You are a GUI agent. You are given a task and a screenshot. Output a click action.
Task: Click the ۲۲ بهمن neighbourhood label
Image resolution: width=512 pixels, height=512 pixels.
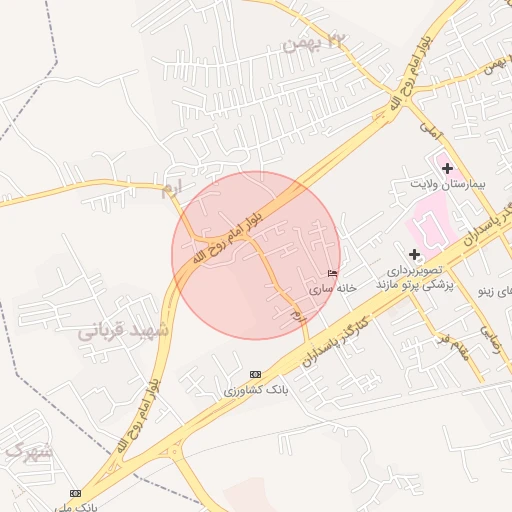(312, 41)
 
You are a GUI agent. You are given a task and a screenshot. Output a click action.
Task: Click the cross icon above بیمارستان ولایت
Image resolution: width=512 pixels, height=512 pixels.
(447, 168)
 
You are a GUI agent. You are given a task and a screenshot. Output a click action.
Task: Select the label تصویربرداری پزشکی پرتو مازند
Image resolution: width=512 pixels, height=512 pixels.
(414, 278)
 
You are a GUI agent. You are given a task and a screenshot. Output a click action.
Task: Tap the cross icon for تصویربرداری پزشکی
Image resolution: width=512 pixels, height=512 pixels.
(414, 255)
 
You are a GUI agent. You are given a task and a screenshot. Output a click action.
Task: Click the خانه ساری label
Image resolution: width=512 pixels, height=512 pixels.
(332, 288)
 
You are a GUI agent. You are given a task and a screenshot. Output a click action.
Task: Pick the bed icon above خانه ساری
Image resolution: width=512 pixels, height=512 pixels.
(332, 273)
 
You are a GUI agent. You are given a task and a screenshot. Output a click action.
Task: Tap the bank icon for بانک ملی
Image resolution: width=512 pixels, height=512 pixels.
(76, 494)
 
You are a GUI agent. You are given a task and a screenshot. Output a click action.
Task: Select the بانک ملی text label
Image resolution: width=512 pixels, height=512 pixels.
(98, 507)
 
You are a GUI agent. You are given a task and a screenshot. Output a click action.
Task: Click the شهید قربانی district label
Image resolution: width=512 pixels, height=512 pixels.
(125, 329)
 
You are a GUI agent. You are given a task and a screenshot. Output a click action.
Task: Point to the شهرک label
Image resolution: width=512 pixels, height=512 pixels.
(26, 452)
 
